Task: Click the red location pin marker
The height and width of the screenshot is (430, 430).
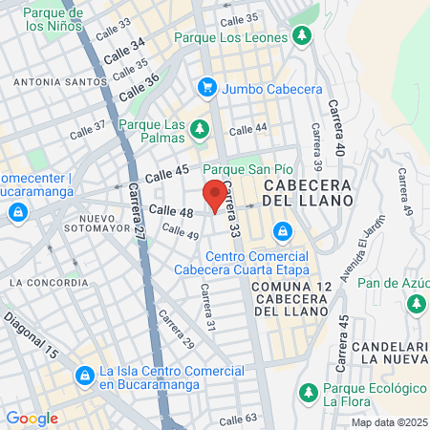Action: [216, 194]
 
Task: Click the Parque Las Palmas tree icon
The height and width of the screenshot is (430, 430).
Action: [199, 128]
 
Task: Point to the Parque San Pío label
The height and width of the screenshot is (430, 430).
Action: [247, 168]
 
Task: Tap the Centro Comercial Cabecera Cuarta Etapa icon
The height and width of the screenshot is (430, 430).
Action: [282, 231]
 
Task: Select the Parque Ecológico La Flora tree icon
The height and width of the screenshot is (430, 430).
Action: [308, 392]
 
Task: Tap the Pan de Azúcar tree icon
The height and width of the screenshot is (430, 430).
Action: [417, 303]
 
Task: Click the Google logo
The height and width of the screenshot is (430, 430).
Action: [32, 418]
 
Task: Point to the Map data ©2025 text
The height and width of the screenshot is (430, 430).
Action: [388, 422]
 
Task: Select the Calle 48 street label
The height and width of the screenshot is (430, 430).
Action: [172, 210]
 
